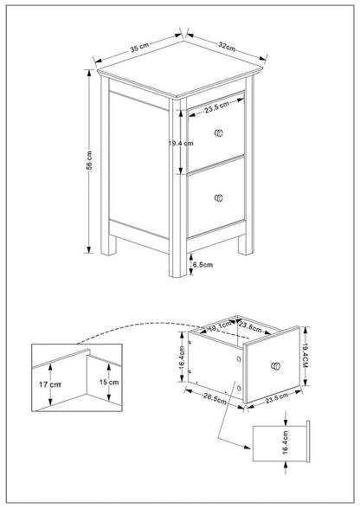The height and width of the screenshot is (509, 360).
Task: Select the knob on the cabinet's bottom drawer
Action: pos(216,197)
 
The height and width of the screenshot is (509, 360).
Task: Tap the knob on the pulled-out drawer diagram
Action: pos(276,367)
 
